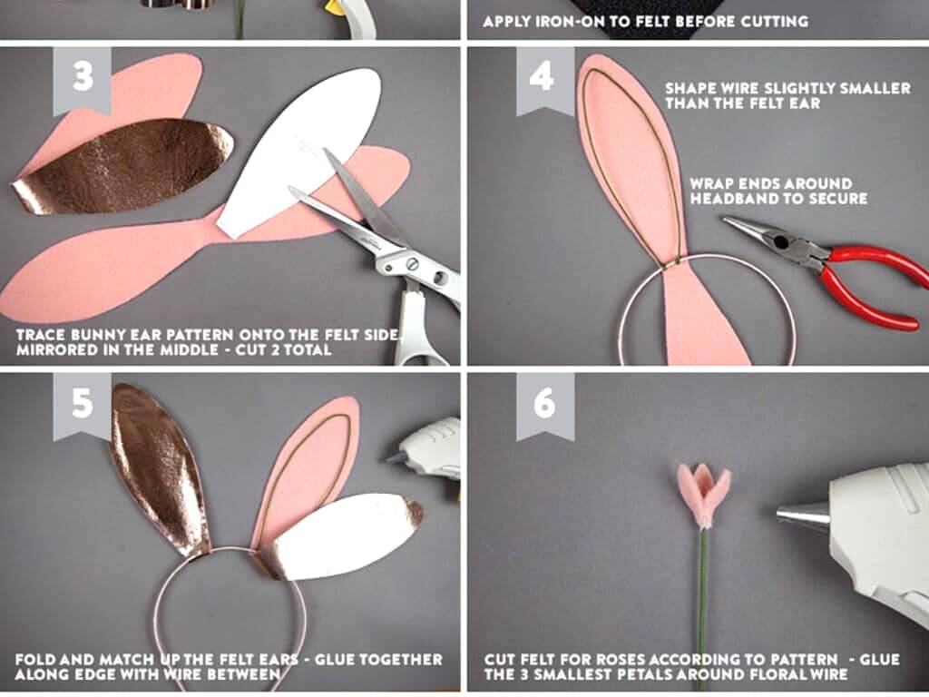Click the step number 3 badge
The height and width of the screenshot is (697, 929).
coord(83,80)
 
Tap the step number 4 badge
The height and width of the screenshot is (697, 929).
coord(545,80)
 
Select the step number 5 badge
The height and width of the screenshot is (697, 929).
coord(83,406)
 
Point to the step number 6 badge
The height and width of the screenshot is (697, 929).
coord(545,406)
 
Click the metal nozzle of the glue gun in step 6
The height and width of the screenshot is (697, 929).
coord(804,516)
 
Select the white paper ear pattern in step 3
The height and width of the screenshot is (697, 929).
coord(299,152)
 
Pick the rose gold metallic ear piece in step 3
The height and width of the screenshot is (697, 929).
coord(122,166)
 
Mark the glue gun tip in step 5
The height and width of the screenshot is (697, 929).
coord(394,457)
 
